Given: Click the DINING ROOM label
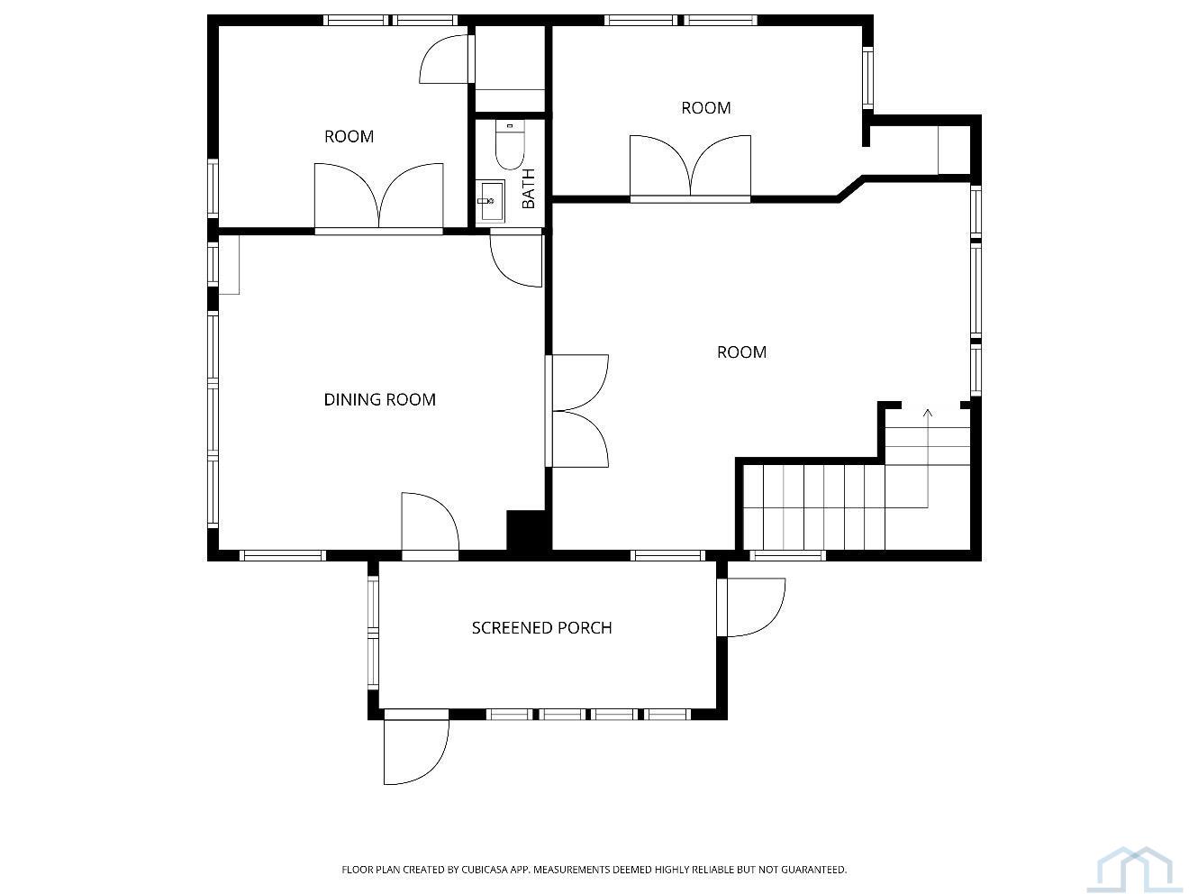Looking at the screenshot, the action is pos(380,400).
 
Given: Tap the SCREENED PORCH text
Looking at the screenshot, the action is pos(541,628).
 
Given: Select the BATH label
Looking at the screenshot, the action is pos(528,188).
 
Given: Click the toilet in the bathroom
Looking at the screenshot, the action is pos(510,145).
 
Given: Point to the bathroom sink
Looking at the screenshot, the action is pos(491,202).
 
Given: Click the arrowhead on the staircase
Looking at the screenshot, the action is pos(928,414).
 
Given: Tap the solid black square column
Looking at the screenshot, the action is pos(525,531).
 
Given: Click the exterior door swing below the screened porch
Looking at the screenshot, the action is pos(416,752).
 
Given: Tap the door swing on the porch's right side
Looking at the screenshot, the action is pos(757,607).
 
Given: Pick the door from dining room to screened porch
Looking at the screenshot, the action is pos(430,522).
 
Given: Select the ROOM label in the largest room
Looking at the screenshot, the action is pos(741,352).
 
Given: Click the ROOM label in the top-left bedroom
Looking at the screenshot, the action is pos(349,137).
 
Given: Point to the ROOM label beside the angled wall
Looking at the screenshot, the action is pos(706,108).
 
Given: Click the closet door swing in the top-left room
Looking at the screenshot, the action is pos(444,59).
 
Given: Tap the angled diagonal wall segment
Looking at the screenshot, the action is pos(850,188).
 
